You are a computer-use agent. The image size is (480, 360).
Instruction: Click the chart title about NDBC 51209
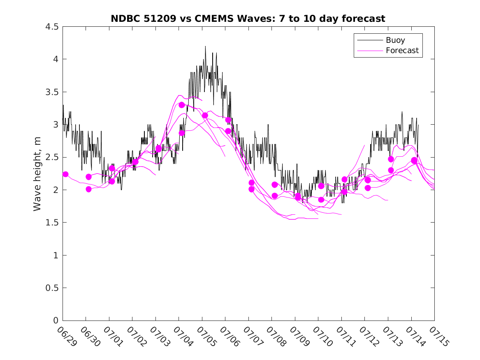pyautogui.click(x=248, y=19)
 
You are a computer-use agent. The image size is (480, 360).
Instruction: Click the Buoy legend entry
pyautogui.click(x=395, y=40)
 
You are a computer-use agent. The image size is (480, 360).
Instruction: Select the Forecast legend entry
pyautogui.click(x=402, y=51)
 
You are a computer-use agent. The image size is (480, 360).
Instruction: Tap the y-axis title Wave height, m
pyautogui.click(x=37, y=174)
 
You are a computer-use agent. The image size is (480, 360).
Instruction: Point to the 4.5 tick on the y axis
pyautogui.click(x=52, y=27)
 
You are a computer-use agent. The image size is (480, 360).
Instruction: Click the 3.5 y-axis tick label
pyautogui.click(x=52, y=92)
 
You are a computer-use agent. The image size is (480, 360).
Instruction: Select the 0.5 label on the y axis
pyautogui.click(x=52, y=288)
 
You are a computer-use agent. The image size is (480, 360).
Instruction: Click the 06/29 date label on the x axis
pyautogui.click(x=67, y=336)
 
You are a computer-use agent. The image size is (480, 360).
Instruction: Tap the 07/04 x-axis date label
pyautogui.click(x=183, y=336)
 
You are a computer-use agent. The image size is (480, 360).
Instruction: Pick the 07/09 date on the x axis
pyautogui.click(x=300, y=336)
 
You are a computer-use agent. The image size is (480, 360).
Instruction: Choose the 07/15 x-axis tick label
pyautogui.click(x=439, y=336)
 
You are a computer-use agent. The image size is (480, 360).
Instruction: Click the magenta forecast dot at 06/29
pyautogui.click(x=65, y=174)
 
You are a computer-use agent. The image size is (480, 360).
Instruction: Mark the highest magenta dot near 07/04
pyautogui.click(x=181, y=105)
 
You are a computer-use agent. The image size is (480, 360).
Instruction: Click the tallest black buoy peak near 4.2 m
pyautogui.click(x=205, y=46)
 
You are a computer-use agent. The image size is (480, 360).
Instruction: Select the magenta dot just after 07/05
pyautogui.click(x=205, y=116)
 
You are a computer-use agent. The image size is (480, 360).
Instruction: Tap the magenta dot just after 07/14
pyautogui.click(x=414, y=160)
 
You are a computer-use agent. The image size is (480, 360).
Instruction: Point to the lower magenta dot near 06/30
pyautogui.click(x=89, y=189)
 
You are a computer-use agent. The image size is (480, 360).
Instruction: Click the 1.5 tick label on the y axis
pyautogui.click(x=52, y=223)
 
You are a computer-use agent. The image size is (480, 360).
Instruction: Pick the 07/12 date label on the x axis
pyautogui.click(x=369, y=336)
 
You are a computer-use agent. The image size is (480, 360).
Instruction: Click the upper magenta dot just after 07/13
pyautogui.click(x=391, y=159)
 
